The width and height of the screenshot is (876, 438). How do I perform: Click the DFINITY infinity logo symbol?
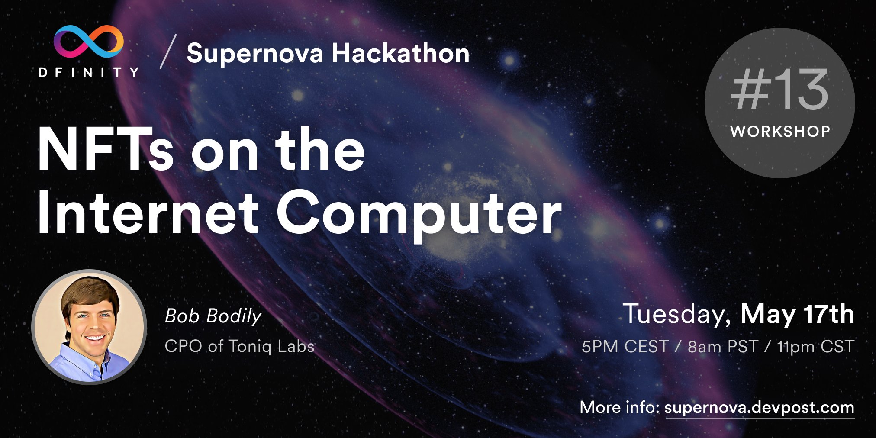coord(89,42)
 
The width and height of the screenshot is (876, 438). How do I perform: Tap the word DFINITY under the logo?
coord(89,72)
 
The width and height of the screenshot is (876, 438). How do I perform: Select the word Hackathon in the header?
coord(400,54)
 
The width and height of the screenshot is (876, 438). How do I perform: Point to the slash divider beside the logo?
coord(168,52)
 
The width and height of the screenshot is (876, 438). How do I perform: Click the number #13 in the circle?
coord(779,90)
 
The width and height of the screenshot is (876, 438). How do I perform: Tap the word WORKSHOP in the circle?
coord(780,131)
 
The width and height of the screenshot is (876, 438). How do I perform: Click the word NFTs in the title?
coord(106,150)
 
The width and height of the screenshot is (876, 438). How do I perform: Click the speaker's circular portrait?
coord(90,327)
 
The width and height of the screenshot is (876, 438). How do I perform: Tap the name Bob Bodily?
coord(213,316)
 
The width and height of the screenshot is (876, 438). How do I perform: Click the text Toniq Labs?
coord(271,346)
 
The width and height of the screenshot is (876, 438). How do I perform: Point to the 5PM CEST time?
coord(625,347)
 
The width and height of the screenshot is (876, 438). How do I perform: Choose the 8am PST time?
coord(723,347)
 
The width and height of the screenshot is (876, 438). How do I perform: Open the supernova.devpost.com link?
coord(759,408)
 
